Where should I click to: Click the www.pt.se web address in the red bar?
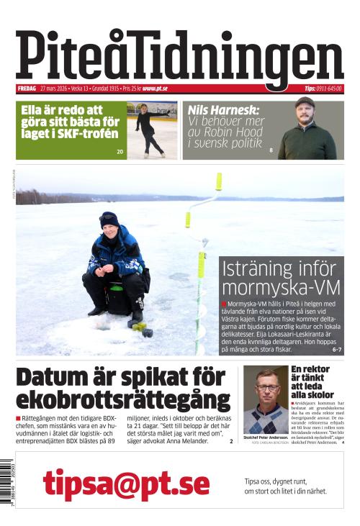155,89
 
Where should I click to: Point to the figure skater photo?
152,130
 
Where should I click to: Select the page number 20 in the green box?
120,152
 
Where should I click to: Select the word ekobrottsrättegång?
122,400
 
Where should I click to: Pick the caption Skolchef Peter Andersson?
270,437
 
